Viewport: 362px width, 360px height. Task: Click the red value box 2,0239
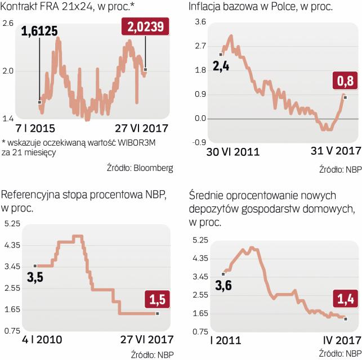coord(145,28)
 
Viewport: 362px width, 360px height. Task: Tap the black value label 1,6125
coord(39,31)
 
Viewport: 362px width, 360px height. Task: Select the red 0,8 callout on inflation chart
coord(345,82)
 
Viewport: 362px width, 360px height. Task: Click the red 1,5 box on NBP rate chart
coord(157,298)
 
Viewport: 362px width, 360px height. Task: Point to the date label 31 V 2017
coord(335,151)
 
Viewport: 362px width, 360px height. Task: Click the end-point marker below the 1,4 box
coord(345,319)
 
